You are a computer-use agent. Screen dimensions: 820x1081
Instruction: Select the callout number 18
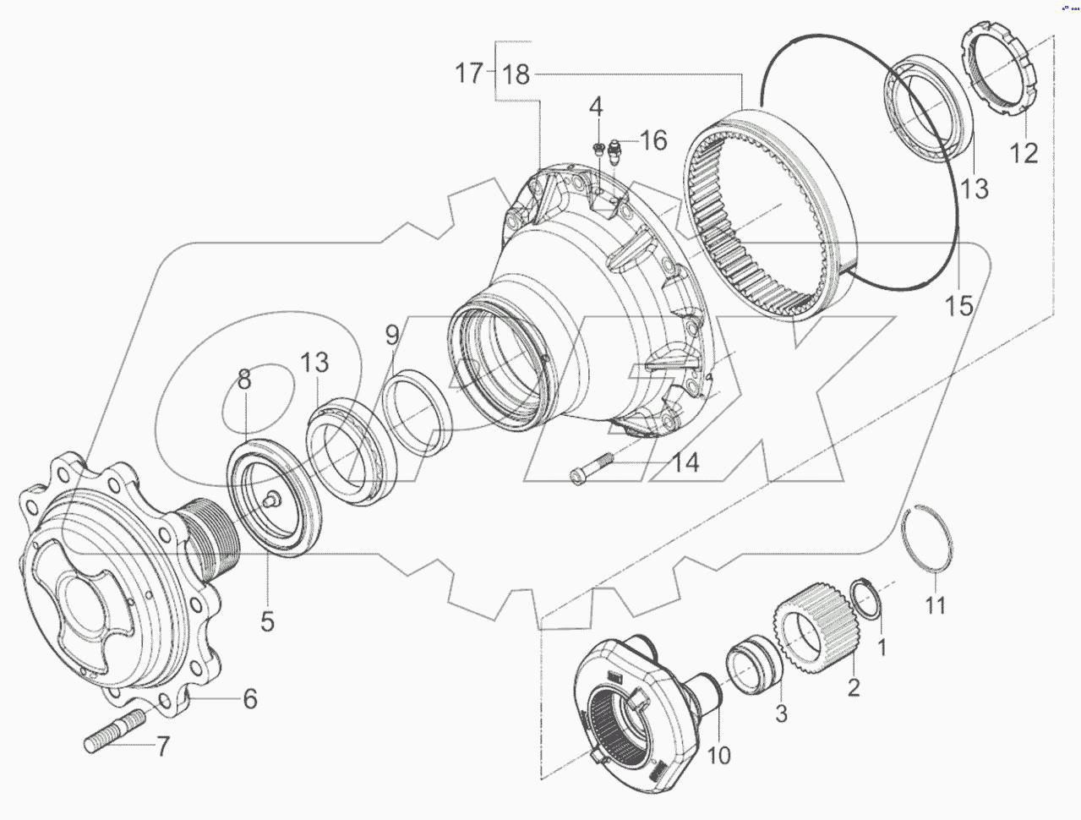(x=516, y=74)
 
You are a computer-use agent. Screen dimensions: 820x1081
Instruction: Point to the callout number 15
(x=958, y=305)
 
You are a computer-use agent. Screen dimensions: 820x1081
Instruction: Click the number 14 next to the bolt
(x=685, y=463)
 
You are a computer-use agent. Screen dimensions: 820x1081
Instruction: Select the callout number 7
(x=160, y=746)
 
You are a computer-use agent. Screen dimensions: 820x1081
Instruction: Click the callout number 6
(x=250, y=699)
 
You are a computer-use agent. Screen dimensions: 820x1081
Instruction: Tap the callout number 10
(x=718, y=755)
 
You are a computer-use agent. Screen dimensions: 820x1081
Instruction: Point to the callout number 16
(x=652, y=140)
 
